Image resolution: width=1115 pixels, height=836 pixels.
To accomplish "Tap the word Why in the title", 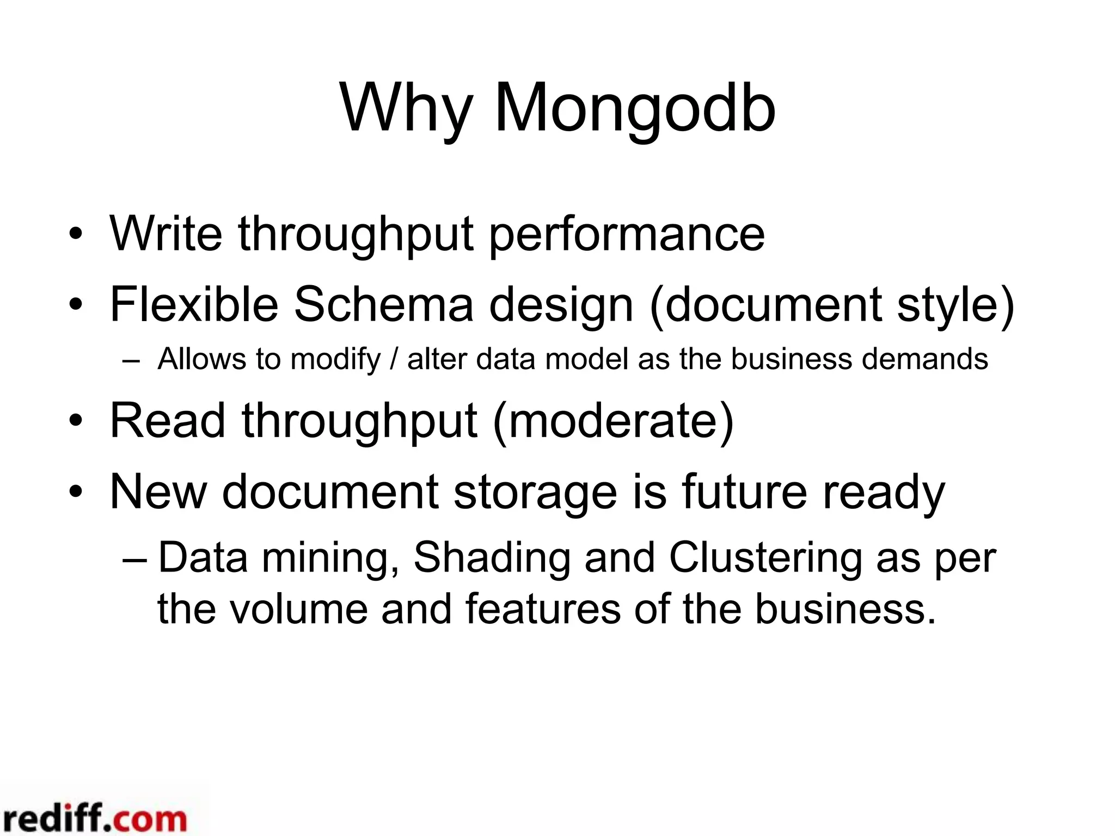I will (x=406, y=109).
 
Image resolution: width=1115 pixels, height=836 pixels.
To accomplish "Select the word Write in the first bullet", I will (x=166, y=234).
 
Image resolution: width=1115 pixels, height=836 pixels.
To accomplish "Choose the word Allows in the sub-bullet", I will (x=202, y=359).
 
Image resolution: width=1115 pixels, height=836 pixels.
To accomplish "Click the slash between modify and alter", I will (x=394, y=359).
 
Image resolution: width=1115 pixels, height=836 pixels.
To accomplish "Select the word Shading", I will (x=492, y=558).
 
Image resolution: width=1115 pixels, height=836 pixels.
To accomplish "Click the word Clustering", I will (x=765, y=558).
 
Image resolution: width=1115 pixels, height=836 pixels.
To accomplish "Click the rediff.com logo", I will (x=94, y=818).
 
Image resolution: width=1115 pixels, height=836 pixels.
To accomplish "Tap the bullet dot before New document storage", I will (x=76, y=492).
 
